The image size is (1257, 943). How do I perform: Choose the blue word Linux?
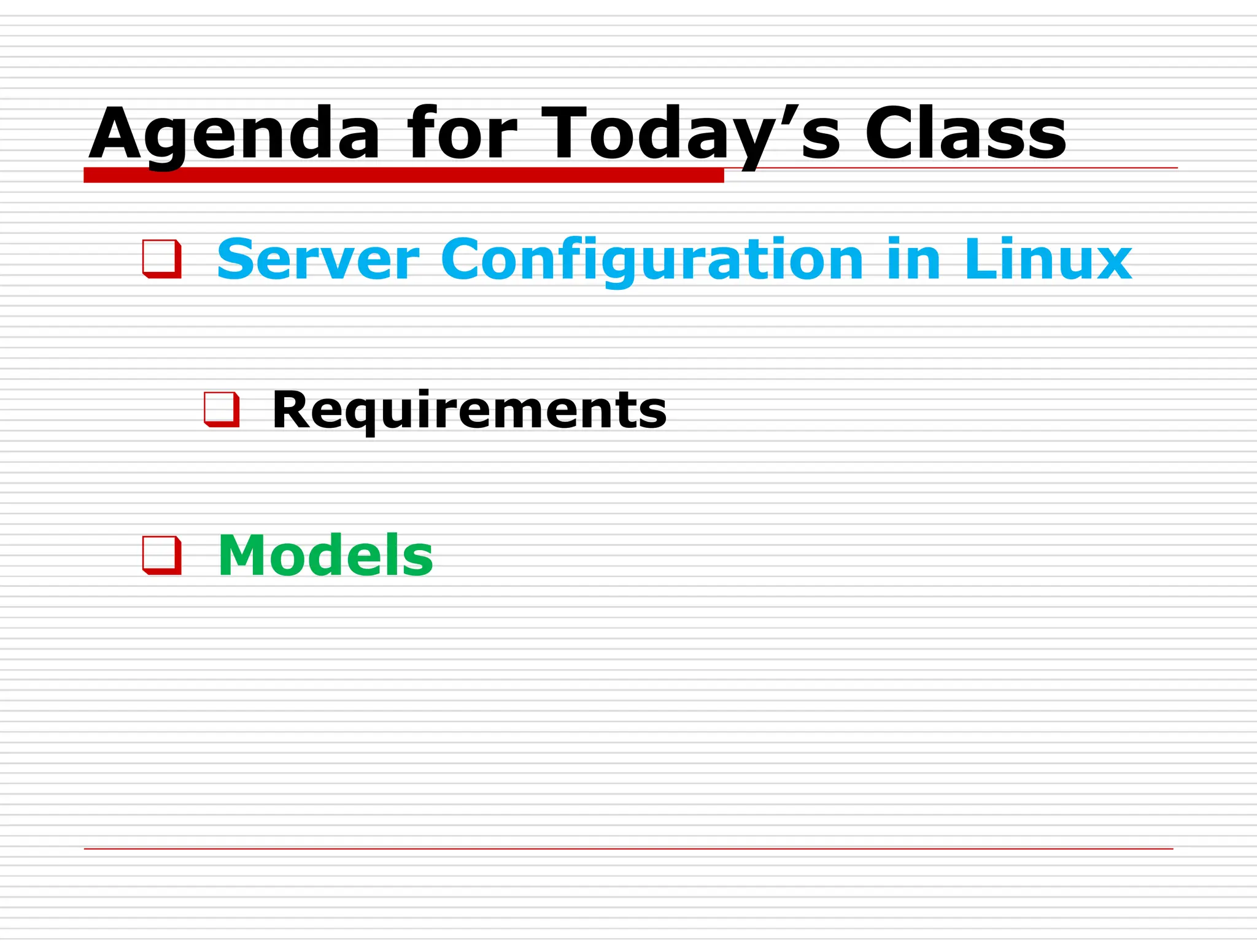pos(1048,260)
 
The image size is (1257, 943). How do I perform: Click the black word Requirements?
pos(469,410)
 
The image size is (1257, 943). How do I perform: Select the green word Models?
pos(325,556)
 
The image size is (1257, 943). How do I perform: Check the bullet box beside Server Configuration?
pos(162,259)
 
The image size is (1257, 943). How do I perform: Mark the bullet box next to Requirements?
pos(222,409)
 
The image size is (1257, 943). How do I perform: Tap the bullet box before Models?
pos(162,555)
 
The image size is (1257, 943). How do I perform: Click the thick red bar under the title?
pos(403,175)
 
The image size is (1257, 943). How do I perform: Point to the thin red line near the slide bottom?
pos(628,849)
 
